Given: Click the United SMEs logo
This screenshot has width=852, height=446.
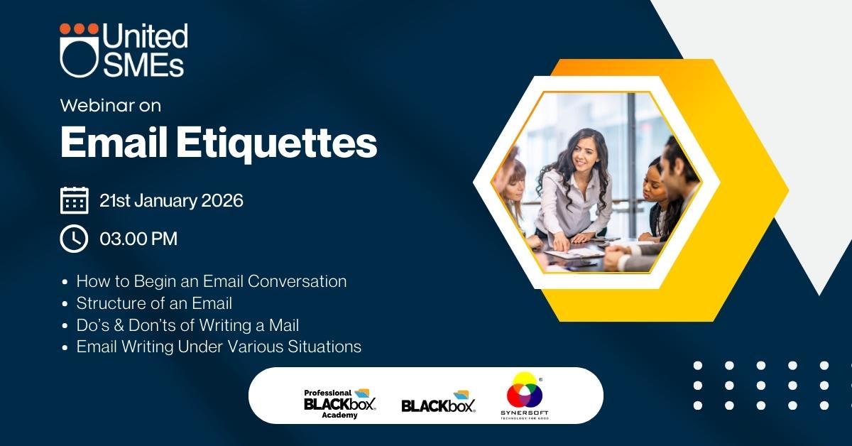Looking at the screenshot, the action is click(124, 50).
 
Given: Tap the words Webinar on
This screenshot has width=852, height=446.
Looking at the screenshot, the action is click(110, 105).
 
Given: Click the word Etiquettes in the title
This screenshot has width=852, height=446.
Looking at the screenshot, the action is click(276, 143).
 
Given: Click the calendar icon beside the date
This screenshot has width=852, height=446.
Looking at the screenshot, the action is click(74, 200).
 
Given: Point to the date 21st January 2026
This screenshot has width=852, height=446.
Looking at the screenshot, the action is click(171, 200).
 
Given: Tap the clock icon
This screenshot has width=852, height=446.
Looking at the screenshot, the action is click(74, 239).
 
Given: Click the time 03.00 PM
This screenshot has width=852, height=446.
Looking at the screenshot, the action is click(138, 239).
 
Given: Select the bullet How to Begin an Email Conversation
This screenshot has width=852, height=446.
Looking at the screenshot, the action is click(211, 282).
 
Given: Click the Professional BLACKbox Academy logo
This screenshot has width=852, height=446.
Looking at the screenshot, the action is click(339, 404).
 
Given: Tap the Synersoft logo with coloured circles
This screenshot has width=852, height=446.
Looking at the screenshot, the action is click(525, 396).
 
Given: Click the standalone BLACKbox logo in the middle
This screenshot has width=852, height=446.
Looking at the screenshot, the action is click(438, 402).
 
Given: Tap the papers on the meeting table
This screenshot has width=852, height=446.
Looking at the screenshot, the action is click(574, 253).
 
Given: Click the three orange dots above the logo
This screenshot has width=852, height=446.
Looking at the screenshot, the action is click(79, 29).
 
